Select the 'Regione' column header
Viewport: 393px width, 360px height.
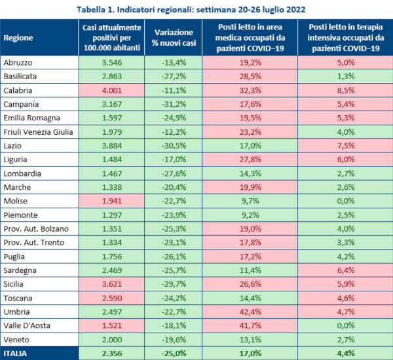(x=18, y=37)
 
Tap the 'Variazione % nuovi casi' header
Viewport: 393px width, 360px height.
(x=173, y=37)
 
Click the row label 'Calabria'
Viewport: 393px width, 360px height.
(x=19, y=90)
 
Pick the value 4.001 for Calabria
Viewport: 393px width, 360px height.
(x=108, y=90)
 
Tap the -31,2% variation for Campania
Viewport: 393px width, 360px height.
(x=173, y=104)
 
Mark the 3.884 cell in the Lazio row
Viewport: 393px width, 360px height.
(x=108, y=145)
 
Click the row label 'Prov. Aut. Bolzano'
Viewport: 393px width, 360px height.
(x=37, y=228)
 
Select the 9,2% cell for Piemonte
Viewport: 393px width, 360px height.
(x=250, y=214)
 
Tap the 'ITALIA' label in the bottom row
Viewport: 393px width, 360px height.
(x=17, y=353)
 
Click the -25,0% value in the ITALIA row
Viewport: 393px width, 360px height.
(x=173, y=353)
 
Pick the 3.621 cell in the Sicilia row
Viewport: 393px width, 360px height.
(x=108, y=283)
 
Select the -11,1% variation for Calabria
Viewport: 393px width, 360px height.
(x=173, y=90)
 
